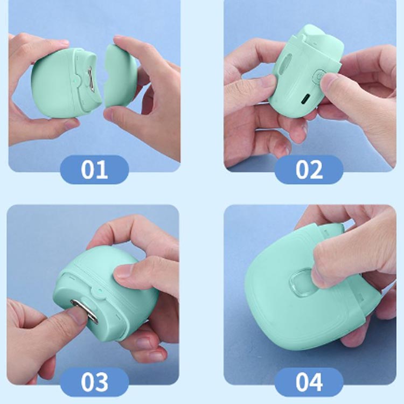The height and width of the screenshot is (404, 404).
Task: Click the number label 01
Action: click(94, 169)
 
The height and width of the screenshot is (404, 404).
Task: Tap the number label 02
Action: click(309, 169)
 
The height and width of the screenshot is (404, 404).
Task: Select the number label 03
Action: click(94, 382)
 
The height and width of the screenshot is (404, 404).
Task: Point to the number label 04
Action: click(309, 382)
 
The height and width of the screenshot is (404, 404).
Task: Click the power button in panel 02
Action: click(318, 76)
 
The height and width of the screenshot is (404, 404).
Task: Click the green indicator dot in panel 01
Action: click(74, 81)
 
